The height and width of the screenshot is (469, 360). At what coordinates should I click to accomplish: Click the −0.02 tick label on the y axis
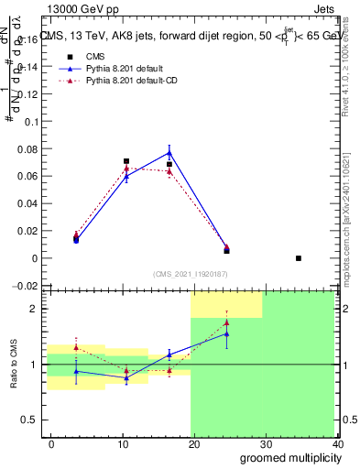25,286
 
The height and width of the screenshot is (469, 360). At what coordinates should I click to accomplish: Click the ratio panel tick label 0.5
29,420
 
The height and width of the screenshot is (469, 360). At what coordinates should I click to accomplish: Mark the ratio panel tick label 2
34,310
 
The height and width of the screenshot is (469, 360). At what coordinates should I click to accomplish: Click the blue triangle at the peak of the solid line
169,153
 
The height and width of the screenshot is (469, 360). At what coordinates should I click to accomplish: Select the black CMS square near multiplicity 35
299,258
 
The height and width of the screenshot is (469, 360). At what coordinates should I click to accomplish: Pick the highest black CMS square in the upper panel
126,161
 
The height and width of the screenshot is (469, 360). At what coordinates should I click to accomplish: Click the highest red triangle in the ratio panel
226,322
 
